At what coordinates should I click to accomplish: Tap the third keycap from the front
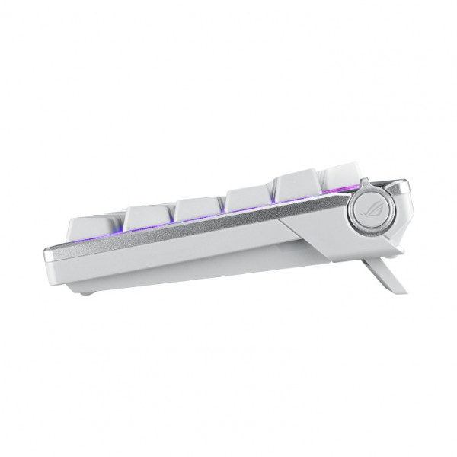[200, 206]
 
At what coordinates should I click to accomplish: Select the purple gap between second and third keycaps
[173, 220]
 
